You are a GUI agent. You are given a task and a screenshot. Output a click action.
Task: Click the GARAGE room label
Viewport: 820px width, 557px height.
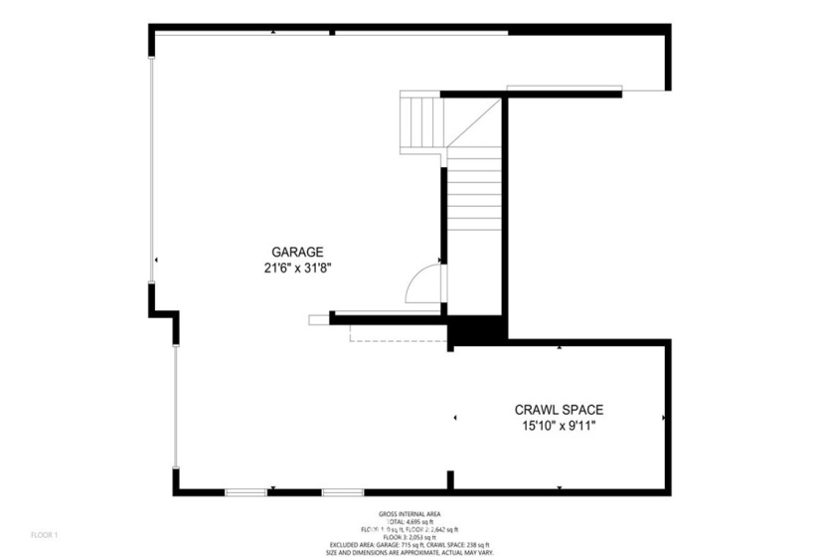[x=297, y=252]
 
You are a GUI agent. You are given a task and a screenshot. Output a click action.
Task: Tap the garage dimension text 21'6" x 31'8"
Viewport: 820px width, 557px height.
[x=297, y=268]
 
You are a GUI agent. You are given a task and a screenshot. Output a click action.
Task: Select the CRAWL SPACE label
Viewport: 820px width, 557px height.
[x=559, y=409]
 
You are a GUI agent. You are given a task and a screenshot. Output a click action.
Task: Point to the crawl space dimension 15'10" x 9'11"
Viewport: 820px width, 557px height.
[x=559, y=426]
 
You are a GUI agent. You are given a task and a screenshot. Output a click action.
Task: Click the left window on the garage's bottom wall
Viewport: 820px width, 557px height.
[x=245, y=491]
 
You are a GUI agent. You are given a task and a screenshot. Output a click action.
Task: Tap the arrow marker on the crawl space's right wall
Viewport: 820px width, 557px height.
[x=664, y=418]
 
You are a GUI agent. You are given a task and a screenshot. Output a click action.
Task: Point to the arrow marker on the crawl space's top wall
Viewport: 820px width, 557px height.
[x=560, y=348]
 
